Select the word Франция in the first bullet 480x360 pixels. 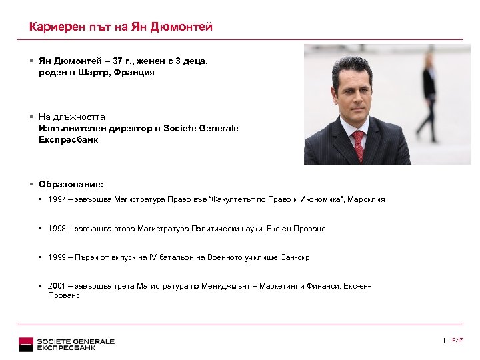[137, 72]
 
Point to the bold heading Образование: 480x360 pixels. [71, 184]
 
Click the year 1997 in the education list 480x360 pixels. [57, 199]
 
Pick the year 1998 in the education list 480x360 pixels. [57, 229]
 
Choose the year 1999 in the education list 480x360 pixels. [57, 257]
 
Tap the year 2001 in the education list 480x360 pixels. [57, 286]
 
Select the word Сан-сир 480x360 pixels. [295, 257]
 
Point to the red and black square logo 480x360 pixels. [26, 344]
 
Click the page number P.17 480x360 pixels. [457, 341]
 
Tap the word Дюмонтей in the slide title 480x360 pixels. [181, 27]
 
